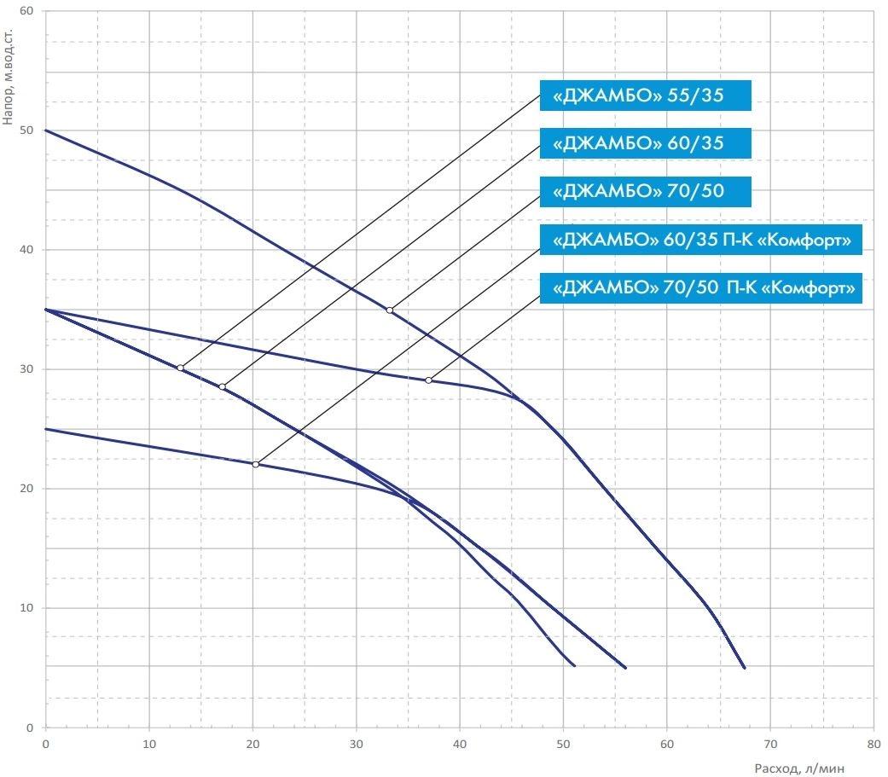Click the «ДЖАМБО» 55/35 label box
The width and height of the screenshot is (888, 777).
pyautogui.click(x=645, y=96)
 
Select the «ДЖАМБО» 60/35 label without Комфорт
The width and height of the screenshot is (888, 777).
pyautogui.click(x=645, y=143)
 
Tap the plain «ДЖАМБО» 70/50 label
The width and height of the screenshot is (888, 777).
pyautogui.click(x=645, y=191)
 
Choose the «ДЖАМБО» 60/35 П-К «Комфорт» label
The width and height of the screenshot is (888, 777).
pyautogui.click(x=701, y=240)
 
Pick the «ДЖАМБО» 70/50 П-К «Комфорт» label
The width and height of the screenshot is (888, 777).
pyautogui.click(x=701, y=288)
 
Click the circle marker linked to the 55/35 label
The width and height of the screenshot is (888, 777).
pyautogui.click(x=180, y=368)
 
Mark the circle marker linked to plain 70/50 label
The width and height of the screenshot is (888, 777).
pyautogui.click(x=390, y=310)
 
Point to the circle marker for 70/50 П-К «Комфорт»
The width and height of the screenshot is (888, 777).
pyautogui.click(x=429, y=380)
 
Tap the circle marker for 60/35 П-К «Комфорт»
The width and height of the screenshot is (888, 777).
pyautogui.click(x=255, y=465)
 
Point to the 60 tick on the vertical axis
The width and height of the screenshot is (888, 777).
pyautogui.click(x=27, y=12)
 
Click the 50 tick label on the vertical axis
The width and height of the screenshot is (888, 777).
pyautogui.click(x=27, y=130)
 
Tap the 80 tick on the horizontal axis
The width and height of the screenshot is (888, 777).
pyautogui.click(x=873, y=744)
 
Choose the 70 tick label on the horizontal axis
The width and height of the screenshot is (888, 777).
pyautogui.click(x=769, y=744)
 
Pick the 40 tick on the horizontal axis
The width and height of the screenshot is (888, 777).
pyautogui.click(x=460, y=744)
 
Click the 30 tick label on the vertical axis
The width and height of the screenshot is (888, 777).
pyautogui.click(x=27, y=369)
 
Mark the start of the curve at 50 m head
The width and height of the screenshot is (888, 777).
pyautogui.click(x=46, y=130)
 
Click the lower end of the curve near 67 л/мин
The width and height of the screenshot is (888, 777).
pyautogui.click(x=744, y=668)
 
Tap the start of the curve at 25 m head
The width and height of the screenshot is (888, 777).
pyautogui.click(x=46, y=429)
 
